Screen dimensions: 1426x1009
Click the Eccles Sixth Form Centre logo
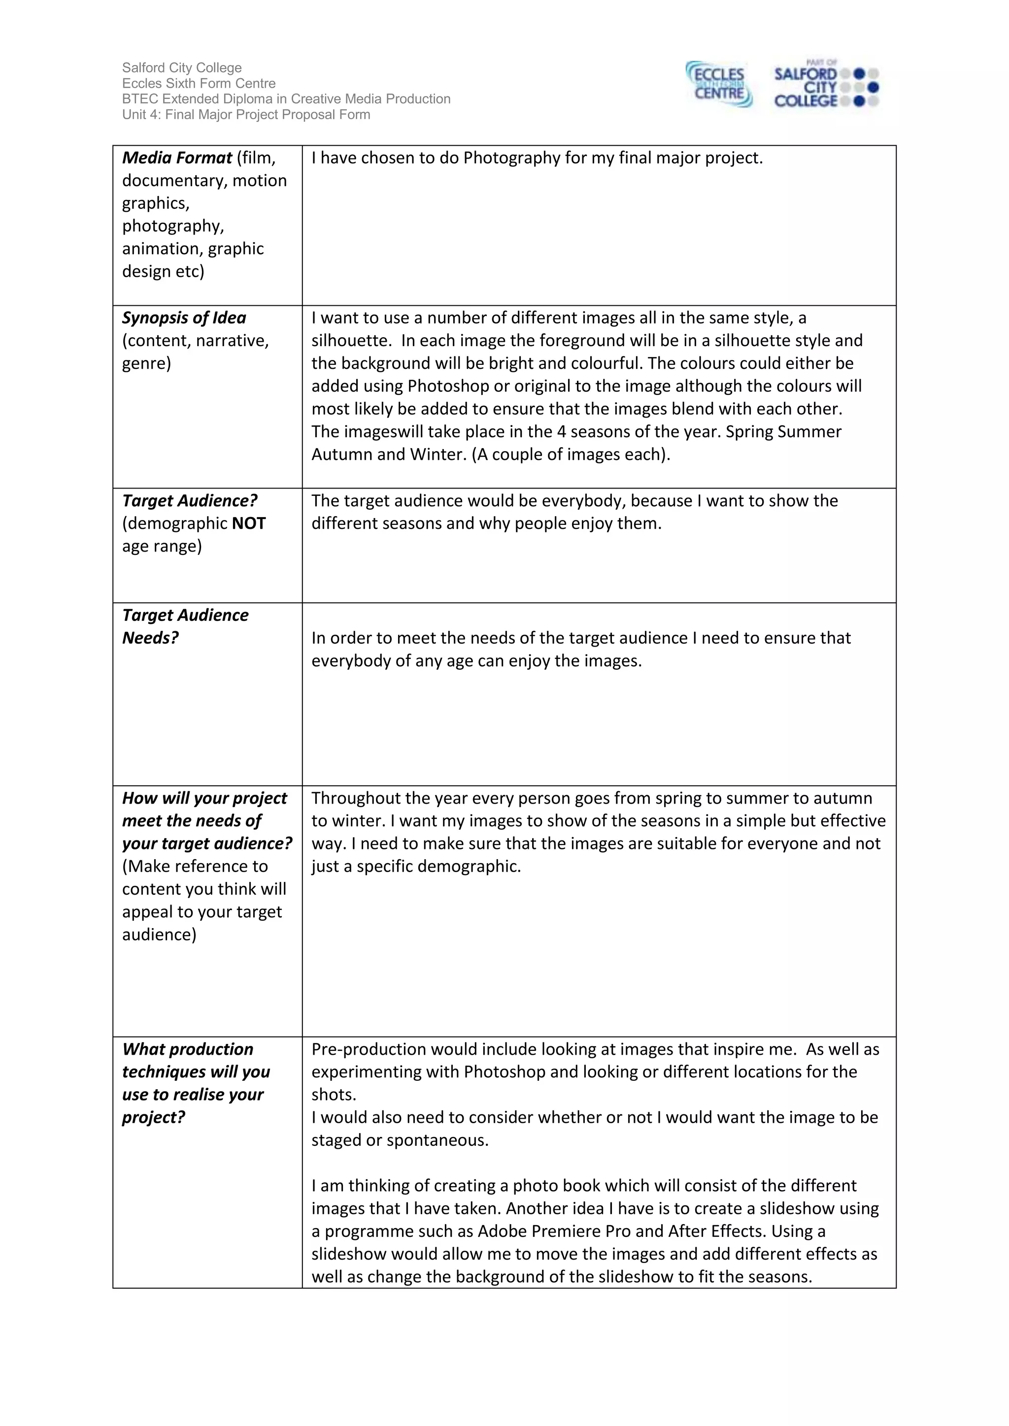pos(719,85)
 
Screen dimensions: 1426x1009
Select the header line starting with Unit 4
pos(245,115)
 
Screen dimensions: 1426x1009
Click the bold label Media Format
pos(176,158)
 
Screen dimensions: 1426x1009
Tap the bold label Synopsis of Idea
pos(184,318)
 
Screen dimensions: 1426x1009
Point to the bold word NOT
pos(248,523)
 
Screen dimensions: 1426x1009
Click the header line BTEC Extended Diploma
pos(286,99)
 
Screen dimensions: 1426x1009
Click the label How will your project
pos(204,798)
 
